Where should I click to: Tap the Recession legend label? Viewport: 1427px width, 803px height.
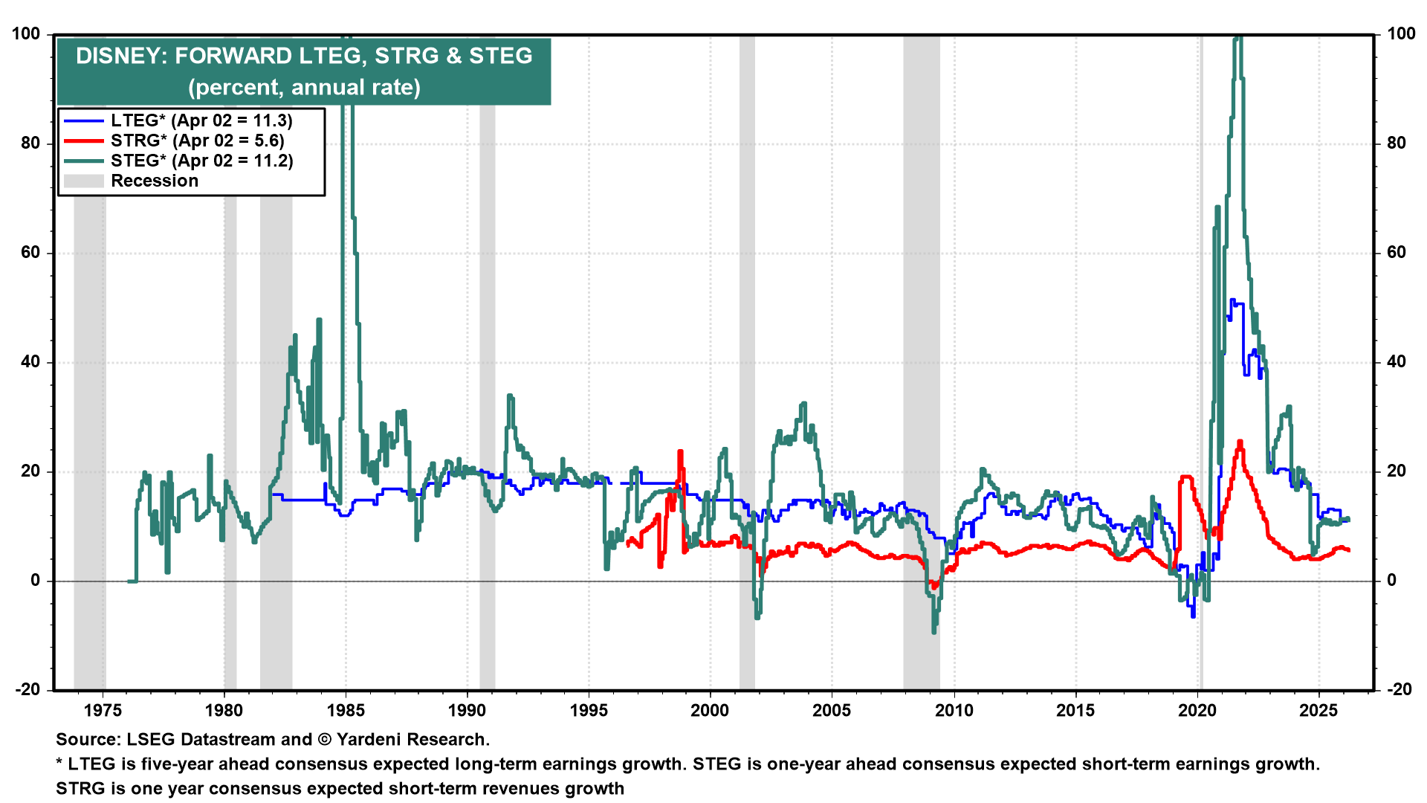155,181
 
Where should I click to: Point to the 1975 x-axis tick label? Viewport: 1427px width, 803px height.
103,710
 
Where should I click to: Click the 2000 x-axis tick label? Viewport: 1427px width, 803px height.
710,710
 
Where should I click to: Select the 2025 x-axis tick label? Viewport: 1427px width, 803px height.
1318,710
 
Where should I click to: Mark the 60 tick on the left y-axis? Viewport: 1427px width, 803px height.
30,253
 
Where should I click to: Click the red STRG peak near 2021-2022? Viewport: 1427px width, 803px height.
1239,442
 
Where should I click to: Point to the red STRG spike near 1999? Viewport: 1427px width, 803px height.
680,452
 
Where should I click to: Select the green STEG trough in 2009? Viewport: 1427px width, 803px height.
933,631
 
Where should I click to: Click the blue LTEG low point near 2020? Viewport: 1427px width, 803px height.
1193,616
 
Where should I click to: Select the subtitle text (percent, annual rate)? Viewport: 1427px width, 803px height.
304,87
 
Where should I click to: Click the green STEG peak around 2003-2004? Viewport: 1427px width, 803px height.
803,404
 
